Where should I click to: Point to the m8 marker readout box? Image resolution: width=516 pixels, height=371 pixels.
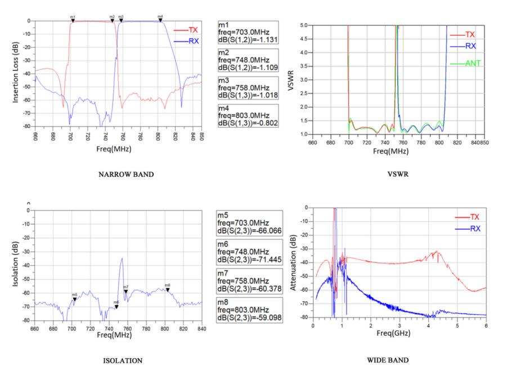coord(248,310)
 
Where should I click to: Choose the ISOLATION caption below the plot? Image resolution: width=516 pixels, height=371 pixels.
coord(122,361)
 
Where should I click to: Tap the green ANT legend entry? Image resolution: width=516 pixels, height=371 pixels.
coord(472,63)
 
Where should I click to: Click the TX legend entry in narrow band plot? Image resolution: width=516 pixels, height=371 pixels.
coord(192,30)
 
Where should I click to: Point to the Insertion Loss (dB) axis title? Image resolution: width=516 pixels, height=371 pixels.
coord(17,74)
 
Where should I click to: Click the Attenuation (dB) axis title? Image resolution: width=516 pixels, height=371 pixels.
coord(293,263)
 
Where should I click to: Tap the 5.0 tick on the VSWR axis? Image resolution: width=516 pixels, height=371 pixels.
coord(303,25)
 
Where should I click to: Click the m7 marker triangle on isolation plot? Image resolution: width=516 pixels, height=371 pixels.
coord(126,290)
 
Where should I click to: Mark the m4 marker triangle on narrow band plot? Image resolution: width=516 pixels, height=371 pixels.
coord(160,20)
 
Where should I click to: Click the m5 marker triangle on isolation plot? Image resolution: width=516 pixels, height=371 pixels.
coord(74,298)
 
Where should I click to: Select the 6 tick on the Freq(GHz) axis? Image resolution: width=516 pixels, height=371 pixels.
coord(486,326)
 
